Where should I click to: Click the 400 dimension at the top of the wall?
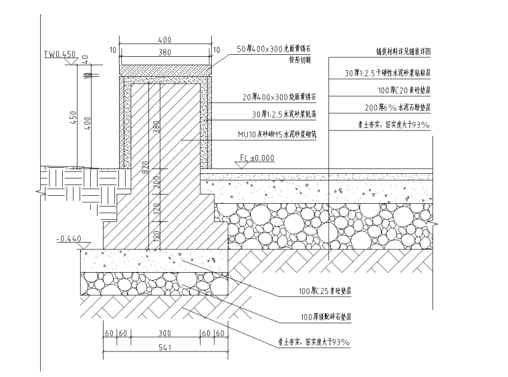coord(164,40)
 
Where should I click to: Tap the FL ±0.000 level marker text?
coord(259,158)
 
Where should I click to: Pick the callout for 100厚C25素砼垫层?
coord(326,291)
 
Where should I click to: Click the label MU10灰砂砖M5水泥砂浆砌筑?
coord(275,134)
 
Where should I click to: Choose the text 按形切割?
coord(301,59)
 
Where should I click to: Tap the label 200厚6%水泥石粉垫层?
coord(397,107)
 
